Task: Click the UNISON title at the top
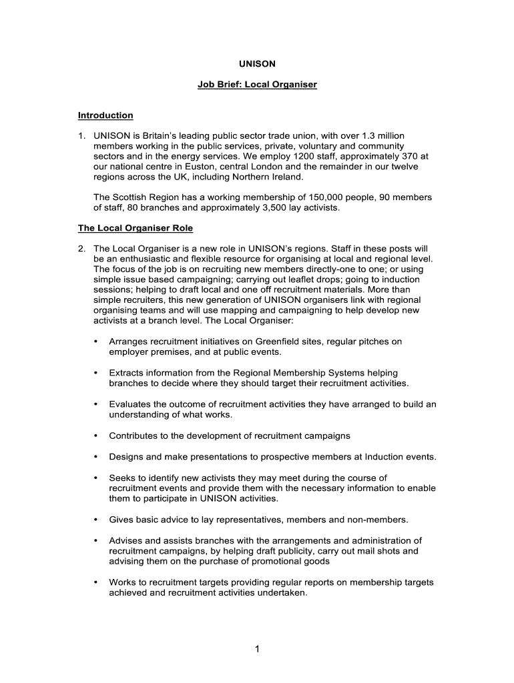coord(257,64)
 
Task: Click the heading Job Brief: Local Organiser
coord(257,85)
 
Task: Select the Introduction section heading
coord(105,115)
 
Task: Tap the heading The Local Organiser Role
coord(136,228)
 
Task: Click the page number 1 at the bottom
coord(257,651)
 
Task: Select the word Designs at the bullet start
coord(127,457)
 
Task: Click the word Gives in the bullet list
coord(121,520)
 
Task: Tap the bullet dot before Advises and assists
coord(96,540)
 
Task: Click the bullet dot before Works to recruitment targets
coord(96,582)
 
